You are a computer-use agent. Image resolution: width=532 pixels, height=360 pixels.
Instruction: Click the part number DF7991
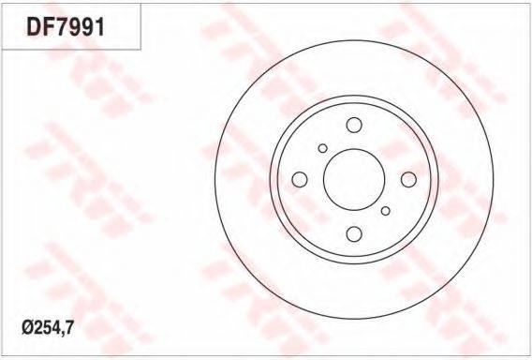pyautogui.click(x=66, y=27)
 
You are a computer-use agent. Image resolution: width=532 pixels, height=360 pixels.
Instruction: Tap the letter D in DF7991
pyautogui.click(x=34, y=27)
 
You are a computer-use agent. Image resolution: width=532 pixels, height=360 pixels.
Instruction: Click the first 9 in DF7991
pyautogui.click(x=75, y=27)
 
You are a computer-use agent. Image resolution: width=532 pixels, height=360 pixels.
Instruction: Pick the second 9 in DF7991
pyautogui.click(x=88, y=27)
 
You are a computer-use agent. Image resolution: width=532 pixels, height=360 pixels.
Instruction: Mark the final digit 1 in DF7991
pyautogui.click(x=99, y=27)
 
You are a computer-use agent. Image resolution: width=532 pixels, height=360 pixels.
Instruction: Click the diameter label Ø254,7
pyautogui.click(x=48, y=328)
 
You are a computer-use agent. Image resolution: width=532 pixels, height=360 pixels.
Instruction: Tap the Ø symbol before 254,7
pyautogui.click(x=27, y=328)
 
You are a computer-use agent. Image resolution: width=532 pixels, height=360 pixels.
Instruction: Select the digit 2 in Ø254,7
pyautogui.click(x=37, y=328)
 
